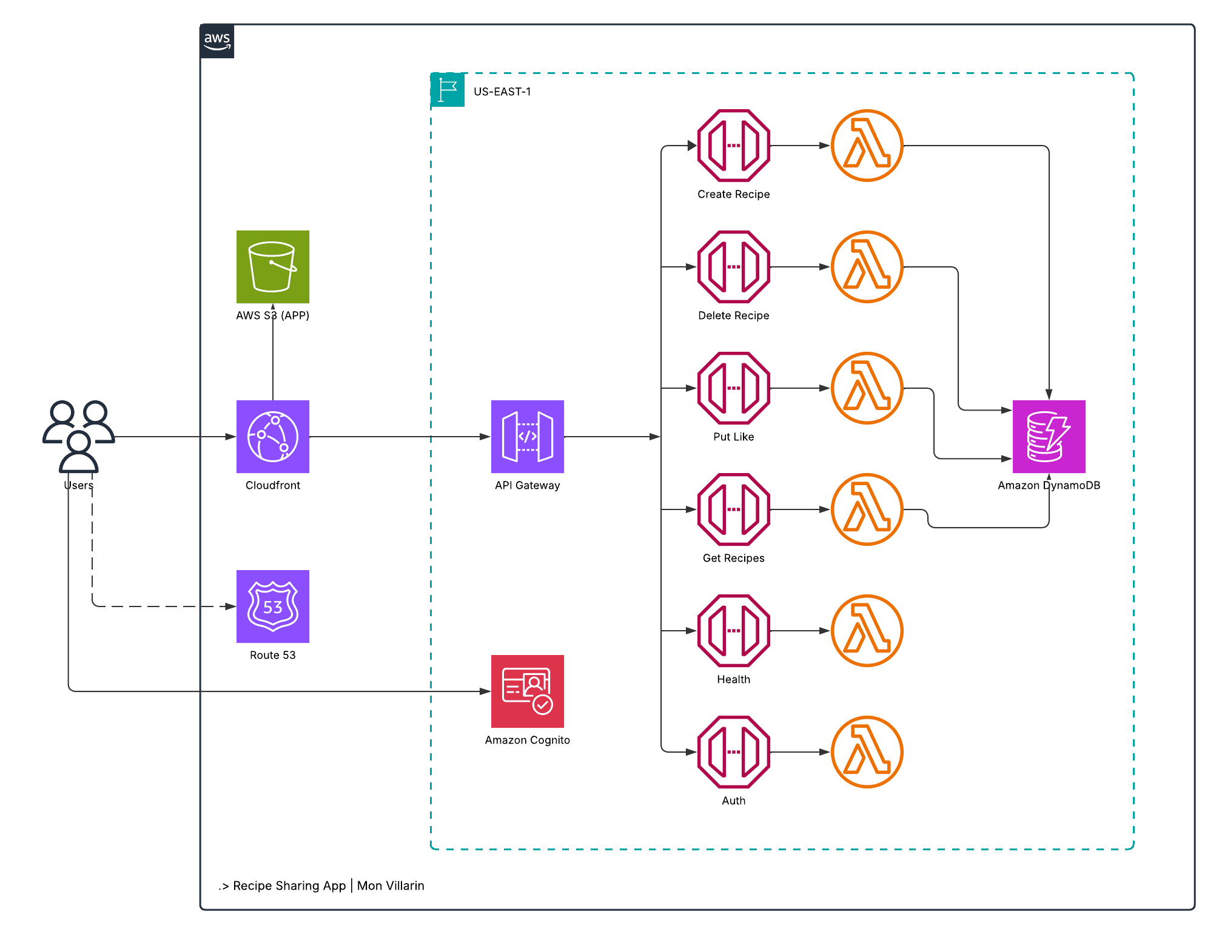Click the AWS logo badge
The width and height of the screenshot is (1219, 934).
tap(217, 41)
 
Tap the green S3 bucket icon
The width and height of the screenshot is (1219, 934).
tap(272, 267)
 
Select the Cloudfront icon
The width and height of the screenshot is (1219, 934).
tap(272, 437)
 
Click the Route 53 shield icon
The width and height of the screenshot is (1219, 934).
tap(272, 606)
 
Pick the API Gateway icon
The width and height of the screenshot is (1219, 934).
tap(527, 437)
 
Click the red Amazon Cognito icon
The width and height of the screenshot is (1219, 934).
tap(527, 691)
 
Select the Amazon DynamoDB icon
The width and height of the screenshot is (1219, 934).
tap(1049, 437)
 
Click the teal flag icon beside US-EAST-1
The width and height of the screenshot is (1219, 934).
tap(448, 90)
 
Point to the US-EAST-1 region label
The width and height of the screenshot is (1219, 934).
tap(502, 92)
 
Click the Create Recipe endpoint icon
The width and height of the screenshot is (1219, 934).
tap(733, 146)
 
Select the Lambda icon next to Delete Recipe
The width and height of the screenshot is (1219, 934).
tap(867, 267)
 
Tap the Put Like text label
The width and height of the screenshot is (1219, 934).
tap(733, 437)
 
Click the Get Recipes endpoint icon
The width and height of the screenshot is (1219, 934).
tap(733, 509)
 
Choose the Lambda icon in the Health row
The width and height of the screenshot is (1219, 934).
tap(867, 631)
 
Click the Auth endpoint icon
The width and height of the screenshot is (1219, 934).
tap(733, 752)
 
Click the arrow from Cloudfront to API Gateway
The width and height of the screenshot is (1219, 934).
tap(400, 437)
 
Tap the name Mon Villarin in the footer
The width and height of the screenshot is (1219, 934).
tap(391, 885)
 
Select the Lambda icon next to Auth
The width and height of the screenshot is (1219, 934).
tap(867, 752)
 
